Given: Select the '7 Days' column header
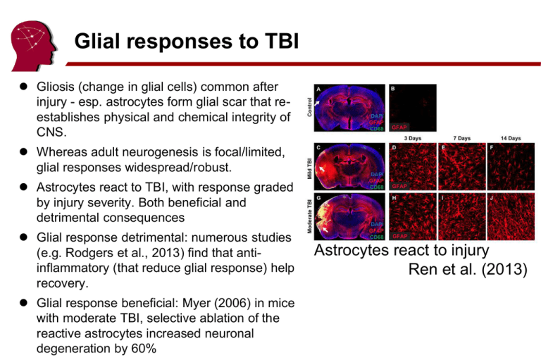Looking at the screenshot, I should (462, 139).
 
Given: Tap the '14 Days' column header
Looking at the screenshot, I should (510, 139).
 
